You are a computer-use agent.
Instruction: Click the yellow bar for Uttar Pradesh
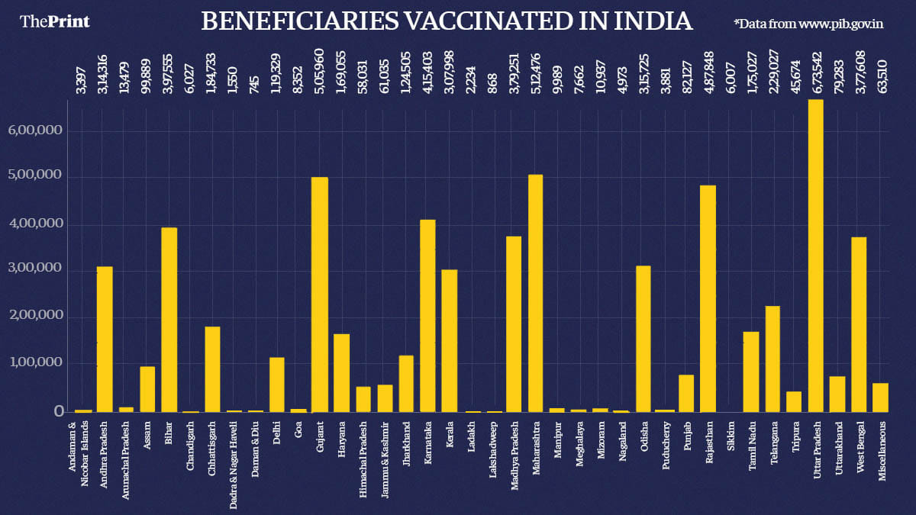816,256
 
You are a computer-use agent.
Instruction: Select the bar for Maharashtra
536,294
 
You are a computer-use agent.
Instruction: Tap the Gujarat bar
320,295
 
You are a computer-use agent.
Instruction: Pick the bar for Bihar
169,320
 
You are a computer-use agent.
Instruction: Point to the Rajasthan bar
708,298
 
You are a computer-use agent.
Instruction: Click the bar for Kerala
450,340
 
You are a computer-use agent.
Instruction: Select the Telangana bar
773,359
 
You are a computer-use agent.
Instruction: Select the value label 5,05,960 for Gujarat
320,70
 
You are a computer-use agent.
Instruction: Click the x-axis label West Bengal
860,444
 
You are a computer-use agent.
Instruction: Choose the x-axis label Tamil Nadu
752,443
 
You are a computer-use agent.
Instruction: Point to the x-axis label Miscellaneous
882,449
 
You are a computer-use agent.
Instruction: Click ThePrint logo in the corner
54,21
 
